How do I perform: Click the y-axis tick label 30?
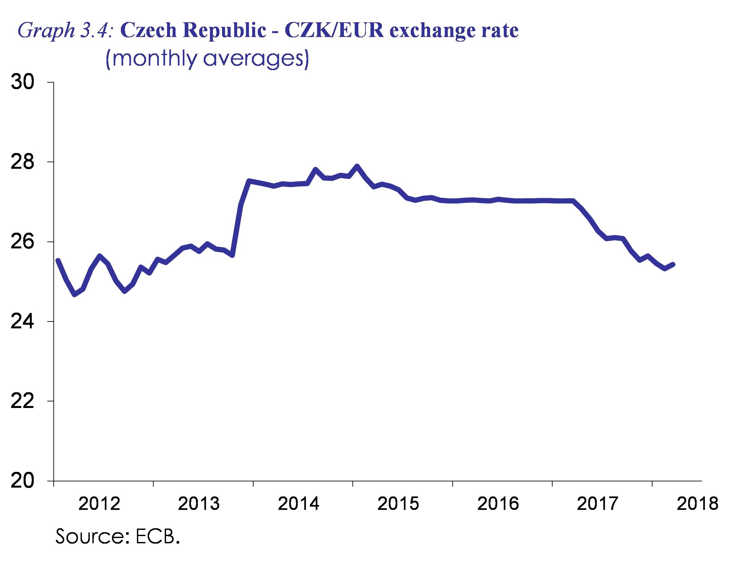pos(23,83)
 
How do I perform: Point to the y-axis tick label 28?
pos(23,162)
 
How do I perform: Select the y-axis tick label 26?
pos(23,242)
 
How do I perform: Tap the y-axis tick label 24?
pos(23,321)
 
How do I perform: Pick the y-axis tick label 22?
pos(23,401)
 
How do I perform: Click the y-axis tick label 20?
pos(23,481)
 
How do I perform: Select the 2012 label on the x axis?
pos(99,504)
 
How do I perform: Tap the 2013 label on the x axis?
pos(199,504)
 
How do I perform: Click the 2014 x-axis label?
pos(299,504)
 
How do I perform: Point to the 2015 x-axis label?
pos(398,504)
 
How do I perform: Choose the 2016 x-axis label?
pos(498,504)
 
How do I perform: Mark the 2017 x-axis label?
pos(598,504)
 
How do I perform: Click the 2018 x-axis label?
pos(697,504)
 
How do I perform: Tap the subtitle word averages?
pos(256,59)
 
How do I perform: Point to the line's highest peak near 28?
pos(357,165)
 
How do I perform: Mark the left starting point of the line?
pos(58,260)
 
